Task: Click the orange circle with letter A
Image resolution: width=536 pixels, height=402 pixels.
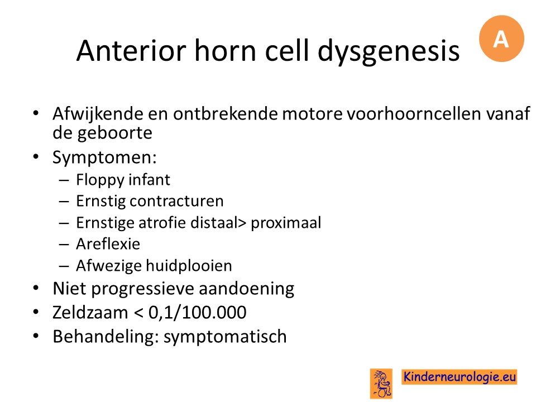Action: click(x=501, y=39)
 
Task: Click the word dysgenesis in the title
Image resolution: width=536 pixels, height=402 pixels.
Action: click(x=389, y=51)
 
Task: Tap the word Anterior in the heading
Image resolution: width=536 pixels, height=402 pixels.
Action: click(x=131, y=51)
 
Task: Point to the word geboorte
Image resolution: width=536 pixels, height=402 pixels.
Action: click(x=115, y=133)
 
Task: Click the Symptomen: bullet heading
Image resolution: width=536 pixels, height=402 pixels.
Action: click(x=104, y=157)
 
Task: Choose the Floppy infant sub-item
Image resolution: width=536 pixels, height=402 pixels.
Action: click(x=123, y=180)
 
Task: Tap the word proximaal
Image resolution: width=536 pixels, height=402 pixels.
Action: click(x=286, y=223)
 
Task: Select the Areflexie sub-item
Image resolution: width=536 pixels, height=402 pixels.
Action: click(x=108, y=244)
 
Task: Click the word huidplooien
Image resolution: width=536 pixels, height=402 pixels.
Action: click(x=189, y=266)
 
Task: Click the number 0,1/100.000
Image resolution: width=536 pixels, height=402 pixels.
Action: click(x=197, y=313)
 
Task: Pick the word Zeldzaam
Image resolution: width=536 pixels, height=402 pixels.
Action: click(x=90, y=313)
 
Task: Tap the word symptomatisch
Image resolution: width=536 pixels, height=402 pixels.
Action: click(x=225, y=337)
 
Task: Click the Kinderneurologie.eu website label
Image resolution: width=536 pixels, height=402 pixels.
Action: click(x=460, y=377)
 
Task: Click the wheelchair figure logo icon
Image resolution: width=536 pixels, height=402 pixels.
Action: click(x=381, y=384)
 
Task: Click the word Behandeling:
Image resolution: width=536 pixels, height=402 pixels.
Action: click(x=106, y=337)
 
